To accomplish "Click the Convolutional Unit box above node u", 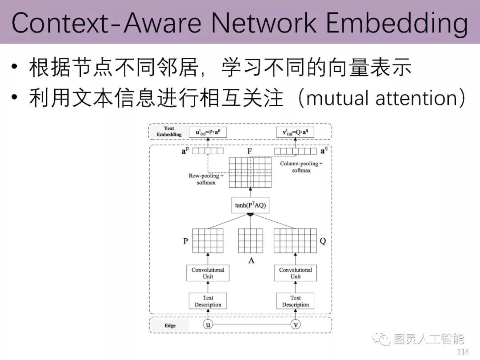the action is (208, 273).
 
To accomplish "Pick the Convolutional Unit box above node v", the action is (296, 273).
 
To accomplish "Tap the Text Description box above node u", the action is (208, 301).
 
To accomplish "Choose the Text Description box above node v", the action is (296, 301).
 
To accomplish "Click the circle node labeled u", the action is (208, 325).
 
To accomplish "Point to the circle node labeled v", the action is (296, 325).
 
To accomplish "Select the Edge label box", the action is (170, 325).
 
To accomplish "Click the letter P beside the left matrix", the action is (185, 241).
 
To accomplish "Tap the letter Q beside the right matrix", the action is (323, 241).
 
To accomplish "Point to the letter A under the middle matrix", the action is (251, 260).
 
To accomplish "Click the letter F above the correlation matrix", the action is (250, 151).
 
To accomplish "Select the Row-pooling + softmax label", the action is (206, 179).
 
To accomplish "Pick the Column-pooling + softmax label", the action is (301, 167).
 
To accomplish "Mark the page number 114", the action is (463, 352).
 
